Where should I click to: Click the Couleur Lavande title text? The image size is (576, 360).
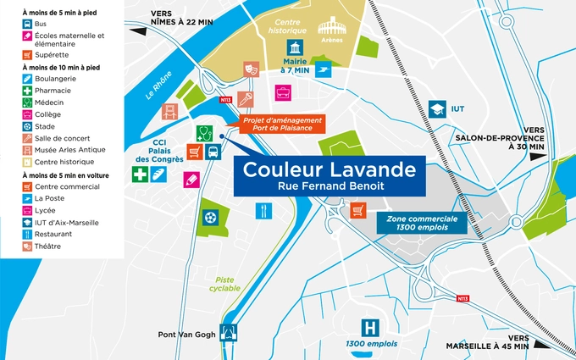click(x=330, y=169)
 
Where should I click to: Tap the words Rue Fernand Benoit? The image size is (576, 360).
click(x=330, y=186)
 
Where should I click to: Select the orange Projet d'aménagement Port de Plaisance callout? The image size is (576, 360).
click(x=282, y=125)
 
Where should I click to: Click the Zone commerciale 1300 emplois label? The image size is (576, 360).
click(x=422, y=223)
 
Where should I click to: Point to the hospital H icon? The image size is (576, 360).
click(x=368, y=327)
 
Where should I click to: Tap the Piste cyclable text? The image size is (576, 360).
click(x=224, y=284)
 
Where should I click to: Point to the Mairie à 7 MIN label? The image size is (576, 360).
click(x=296, y=65)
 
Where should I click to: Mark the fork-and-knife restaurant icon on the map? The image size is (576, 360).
click(x=264, y=209)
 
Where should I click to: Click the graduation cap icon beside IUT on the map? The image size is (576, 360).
click(x=437, y=109)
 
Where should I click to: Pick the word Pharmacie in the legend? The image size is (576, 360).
click(x=53, y=91)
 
